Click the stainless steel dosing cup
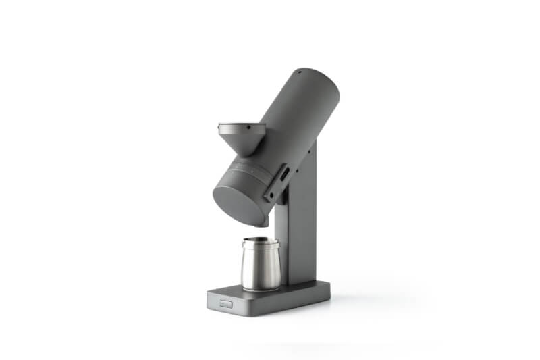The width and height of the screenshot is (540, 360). click(261, 265)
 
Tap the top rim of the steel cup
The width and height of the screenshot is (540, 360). click(261, 241)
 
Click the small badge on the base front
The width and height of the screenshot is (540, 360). click(225, 305)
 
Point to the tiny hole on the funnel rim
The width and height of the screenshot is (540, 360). click(248, 126)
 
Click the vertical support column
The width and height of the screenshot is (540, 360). click(302, 223)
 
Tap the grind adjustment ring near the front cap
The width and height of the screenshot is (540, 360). click(253, 172)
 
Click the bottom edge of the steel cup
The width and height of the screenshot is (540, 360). click(261, 288)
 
